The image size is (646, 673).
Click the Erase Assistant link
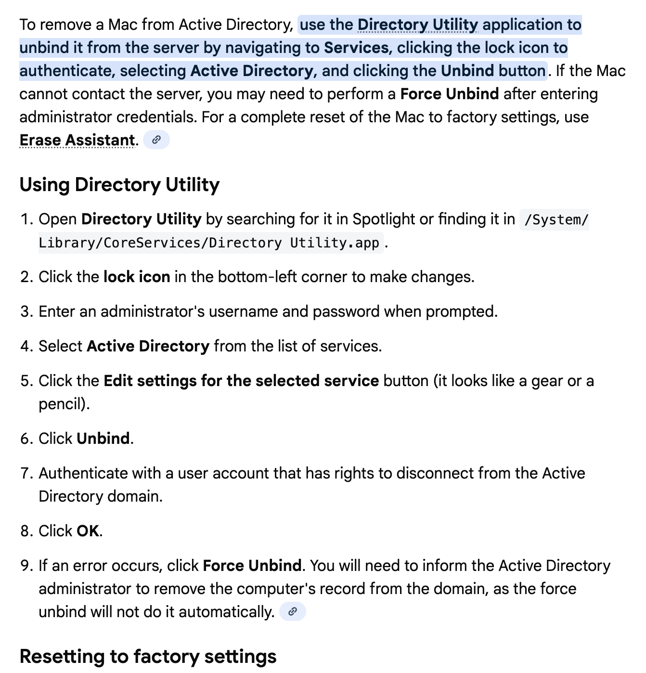coord(77,140)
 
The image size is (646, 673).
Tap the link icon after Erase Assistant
coord(156,140)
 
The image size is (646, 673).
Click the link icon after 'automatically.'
coord(293,612)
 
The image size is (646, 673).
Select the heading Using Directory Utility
coord(119,185)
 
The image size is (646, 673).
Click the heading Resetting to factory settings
coord(148,657)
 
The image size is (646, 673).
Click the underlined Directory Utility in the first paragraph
coord(417,25)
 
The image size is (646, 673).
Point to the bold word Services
coord(356,48)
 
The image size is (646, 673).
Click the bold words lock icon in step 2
coord(137,277)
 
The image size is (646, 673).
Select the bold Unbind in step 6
coord(103,439)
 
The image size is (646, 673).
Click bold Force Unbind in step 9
coord(252,566)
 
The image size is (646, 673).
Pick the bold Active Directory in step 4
coord(148,346)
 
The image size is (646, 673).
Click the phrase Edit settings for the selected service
coord(241,381)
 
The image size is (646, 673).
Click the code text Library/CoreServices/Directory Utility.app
coord(209,243)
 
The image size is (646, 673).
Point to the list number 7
coord(26,473)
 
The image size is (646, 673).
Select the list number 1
coord(26,220)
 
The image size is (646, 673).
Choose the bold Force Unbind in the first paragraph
coord(449,94)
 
